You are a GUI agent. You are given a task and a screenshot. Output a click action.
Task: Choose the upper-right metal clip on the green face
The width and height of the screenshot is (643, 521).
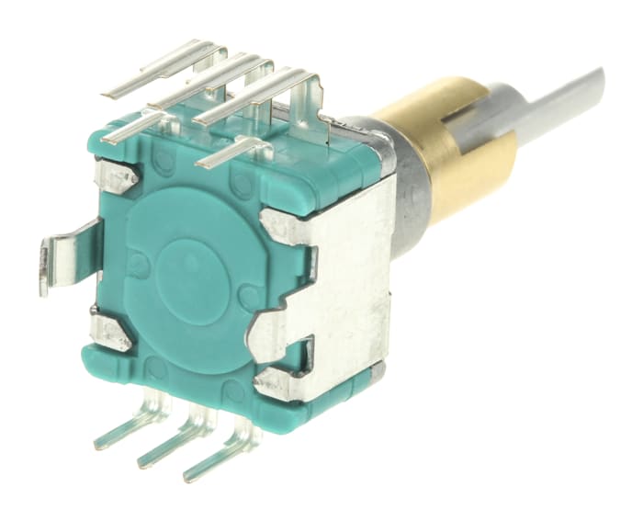(280, 226)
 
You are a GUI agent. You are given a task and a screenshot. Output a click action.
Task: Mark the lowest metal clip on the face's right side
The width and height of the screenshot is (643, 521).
(276, 381)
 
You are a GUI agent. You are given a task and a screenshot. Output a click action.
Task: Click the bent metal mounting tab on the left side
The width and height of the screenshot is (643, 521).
(60, 257)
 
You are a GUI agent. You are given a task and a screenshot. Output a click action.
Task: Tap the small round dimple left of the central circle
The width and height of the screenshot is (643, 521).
(138, 266)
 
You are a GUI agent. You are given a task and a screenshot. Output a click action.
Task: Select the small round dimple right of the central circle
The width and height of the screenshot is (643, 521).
(247, 297)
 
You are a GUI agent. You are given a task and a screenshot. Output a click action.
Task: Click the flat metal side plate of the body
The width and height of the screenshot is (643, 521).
(354, 276)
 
